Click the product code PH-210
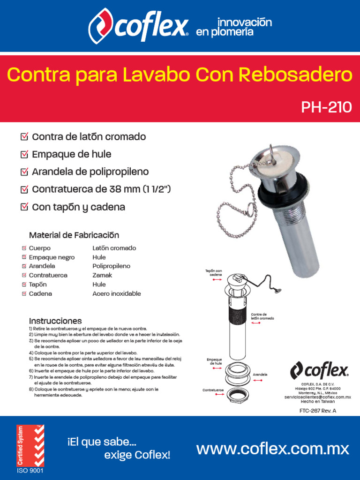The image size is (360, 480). tap(326, 107)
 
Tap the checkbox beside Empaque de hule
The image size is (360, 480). tap(24, 154)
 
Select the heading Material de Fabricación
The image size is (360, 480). tap(74, 235)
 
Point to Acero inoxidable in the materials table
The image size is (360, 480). tap(116, 294)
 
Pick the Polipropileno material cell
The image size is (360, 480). tap(111, 266)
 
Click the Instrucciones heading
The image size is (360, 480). tap(55, 321)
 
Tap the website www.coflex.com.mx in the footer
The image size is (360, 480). tap(273, 449)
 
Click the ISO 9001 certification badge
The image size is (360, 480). tap(30, 449)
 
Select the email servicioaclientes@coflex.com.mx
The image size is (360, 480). tap(318, 397)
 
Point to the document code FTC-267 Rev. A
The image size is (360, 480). tap(318, 411)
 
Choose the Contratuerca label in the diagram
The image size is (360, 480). tap(213, 390)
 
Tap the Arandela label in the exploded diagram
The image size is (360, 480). tap(260, 375)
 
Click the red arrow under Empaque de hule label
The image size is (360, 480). tap(217, 369)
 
